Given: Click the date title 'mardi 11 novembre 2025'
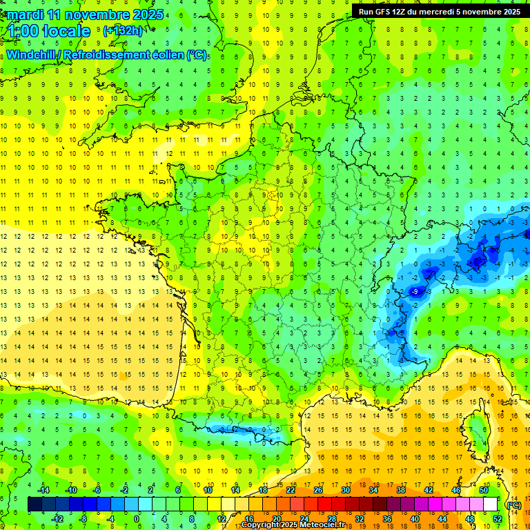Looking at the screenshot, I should tap(83, 14).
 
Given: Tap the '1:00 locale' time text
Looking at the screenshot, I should tap(48, 31).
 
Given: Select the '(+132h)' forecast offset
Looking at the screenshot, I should tap(123, 31).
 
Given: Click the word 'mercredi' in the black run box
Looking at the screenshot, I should tap(429, 12).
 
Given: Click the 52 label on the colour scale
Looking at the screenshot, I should tap(497, 519).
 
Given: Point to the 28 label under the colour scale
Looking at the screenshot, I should tap(331, 519).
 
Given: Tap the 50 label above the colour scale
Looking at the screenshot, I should tap(483, 490).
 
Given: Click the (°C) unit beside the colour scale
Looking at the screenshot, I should tap(513, 504).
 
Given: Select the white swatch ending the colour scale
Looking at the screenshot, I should tap(490, 504).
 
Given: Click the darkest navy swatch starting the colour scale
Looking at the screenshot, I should tap(35, 504).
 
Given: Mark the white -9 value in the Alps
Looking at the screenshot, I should tap(415, 292).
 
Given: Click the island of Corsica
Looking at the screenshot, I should tap(475, 428).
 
